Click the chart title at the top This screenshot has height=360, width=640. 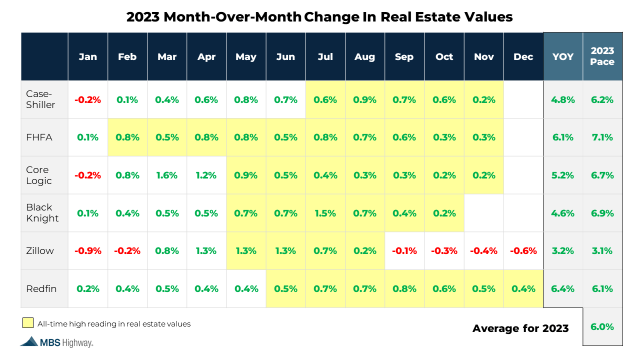tap(319, 16)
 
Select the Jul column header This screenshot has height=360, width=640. tap(325, 56)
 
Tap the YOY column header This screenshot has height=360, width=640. tap(563, 56)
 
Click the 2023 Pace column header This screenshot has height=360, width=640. tap(602, 56)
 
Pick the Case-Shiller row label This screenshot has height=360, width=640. tap(40, 99)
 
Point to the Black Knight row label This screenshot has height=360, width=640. tap(42, 213)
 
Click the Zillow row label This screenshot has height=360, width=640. tap(40, 251)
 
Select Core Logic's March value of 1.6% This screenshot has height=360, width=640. tap(167, 175)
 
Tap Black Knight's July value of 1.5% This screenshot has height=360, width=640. tap(325, 213)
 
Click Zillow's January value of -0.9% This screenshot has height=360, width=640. tap(87, 251)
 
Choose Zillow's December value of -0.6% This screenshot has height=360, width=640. tap(523, 251)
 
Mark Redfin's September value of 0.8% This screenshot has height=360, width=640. tap(404, 289)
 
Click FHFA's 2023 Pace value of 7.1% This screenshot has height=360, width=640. tap(602, 137)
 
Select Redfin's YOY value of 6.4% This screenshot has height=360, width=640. tap(563, 289)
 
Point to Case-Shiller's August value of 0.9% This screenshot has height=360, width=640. tap(364, 99)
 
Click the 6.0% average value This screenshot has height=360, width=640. tap(602, 327)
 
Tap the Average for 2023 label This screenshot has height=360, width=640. tap(520, 328)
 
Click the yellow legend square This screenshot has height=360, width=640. tap(28, 323)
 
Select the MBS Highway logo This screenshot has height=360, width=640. tap(56, 342)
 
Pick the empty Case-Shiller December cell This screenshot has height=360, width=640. tap(523, 99)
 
